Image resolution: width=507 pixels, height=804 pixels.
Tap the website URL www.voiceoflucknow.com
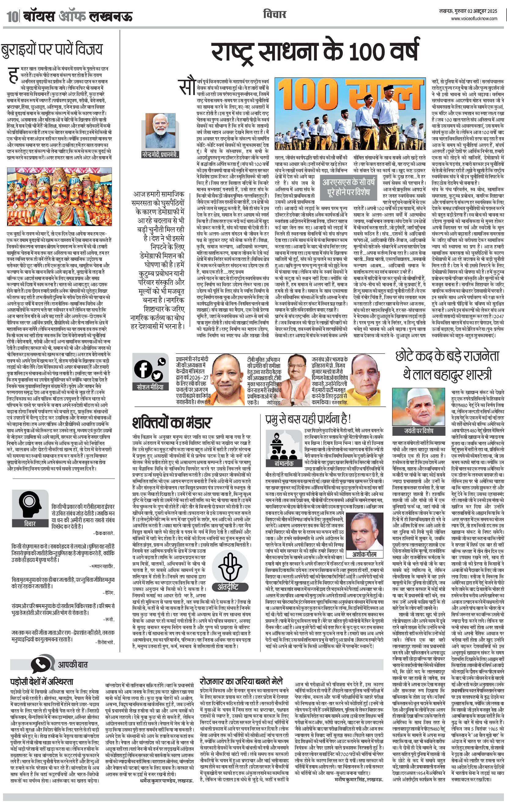pyautogui.click(x=474, y=19)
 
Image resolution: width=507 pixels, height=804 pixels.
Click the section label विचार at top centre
pyautogui.click(x=274, y=15)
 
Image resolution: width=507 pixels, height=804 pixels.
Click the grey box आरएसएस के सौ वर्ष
pyautogui.click(x=349, y=187)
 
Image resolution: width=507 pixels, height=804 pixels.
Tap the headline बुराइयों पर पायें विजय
pyautogui.click(x=51, y=49)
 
